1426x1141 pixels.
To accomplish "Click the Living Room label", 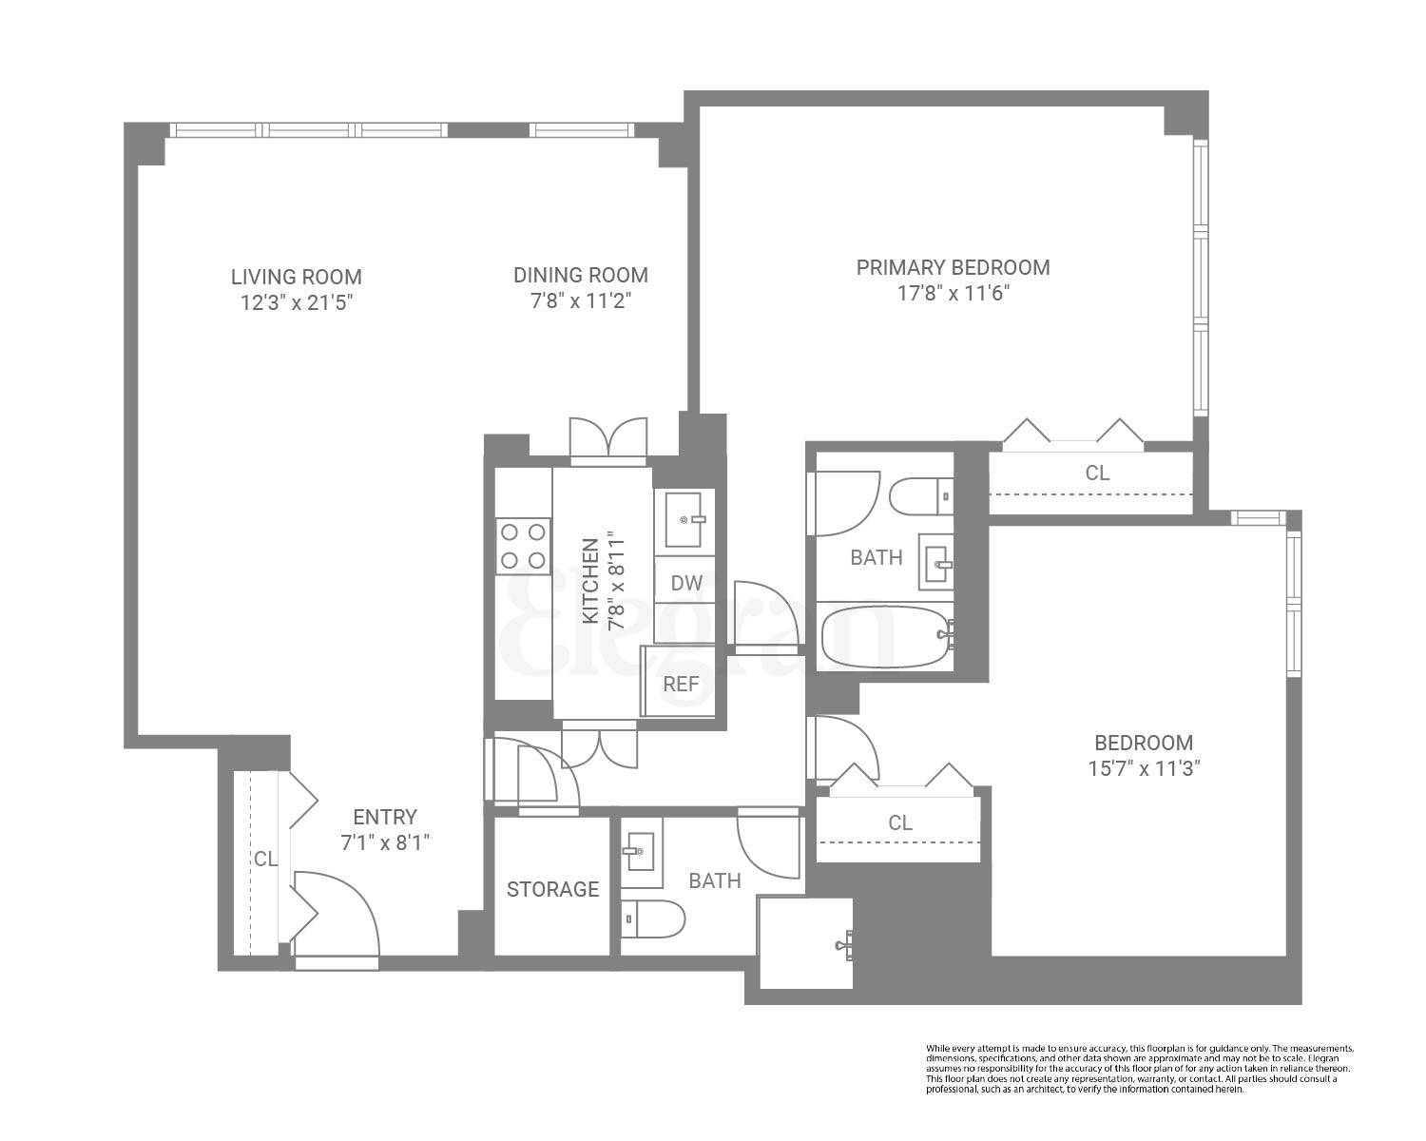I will (296, 277).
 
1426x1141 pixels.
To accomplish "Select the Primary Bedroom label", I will (953, 267).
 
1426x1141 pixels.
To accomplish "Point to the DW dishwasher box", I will (685, 584).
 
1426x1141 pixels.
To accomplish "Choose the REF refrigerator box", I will (681, 683).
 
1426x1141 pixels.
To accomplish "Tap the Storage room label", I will (552, 889).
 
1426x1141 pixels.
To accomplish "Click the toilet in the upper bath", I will (921, 494).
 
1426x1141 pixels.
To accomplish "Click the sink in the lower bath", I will (639, 844).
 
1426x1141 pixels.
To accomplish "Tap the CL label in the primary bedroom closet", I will (1097, 473).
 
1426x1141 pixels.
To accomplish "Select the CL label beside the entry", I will (265, 859).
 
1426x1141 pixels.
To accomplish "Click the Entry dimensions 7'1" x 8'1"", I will (385, 842).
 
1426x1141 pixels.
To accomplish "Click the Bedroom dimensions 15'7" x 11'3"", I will (1144, 769).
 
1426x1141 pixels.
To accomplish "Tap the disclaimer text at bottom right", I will (1139, 1068).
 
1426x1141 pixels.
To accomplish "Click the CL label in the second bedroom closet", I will (899, 822).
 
